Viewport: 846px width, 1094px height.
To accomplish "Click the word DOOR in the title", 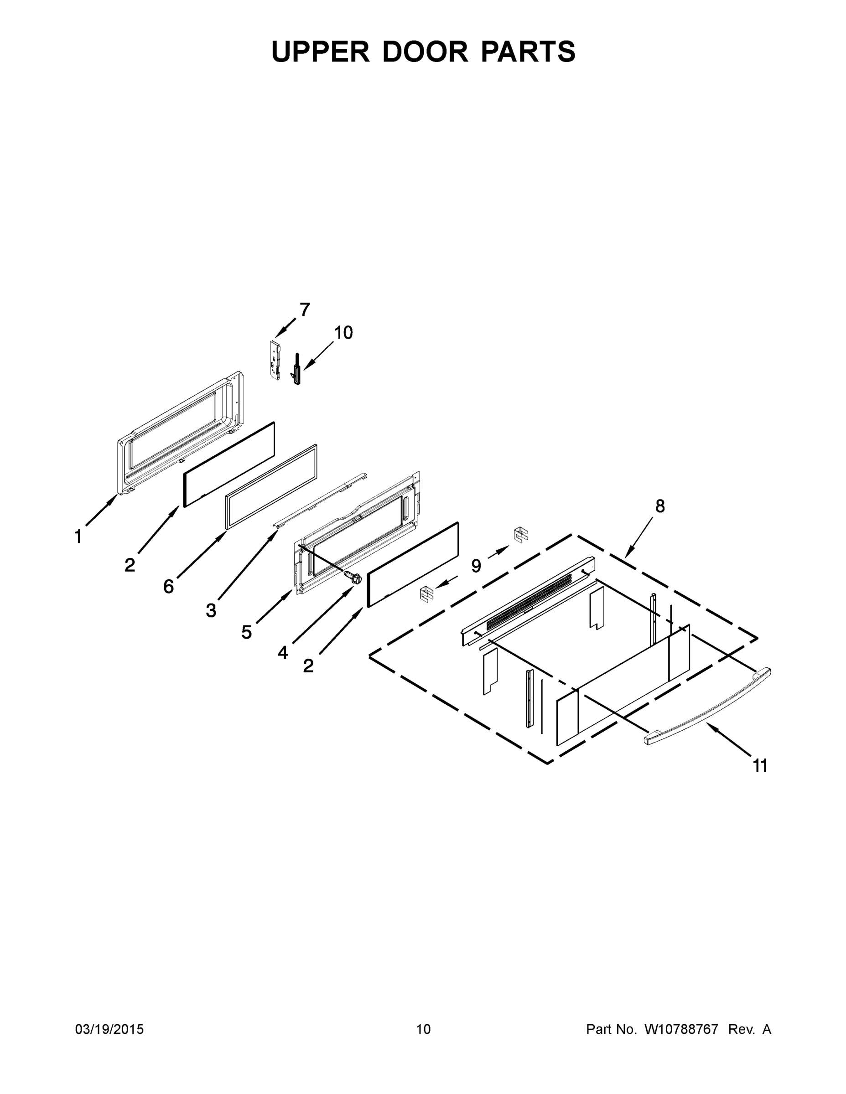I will click(x=425, y=52).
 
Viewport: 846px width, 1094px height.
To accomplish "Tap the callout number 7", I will click(x=305, y=310).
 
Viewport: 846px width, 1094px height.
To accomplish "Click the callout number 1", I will click(x=78, y=537).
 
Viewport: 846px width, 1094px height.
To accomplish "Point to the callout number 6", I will click(x=168, y=586).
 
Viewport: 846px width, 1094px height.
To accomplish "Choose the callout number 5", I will click(x=246, y=632).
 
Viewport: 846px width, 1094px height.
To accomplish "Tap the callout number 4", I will click(x=283, y=653).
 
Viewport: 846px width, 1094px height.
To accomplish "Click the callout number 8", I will click(x=660, y=506).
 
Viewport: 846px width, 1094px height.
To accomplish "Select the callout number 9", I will click(x=476, y=566).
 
